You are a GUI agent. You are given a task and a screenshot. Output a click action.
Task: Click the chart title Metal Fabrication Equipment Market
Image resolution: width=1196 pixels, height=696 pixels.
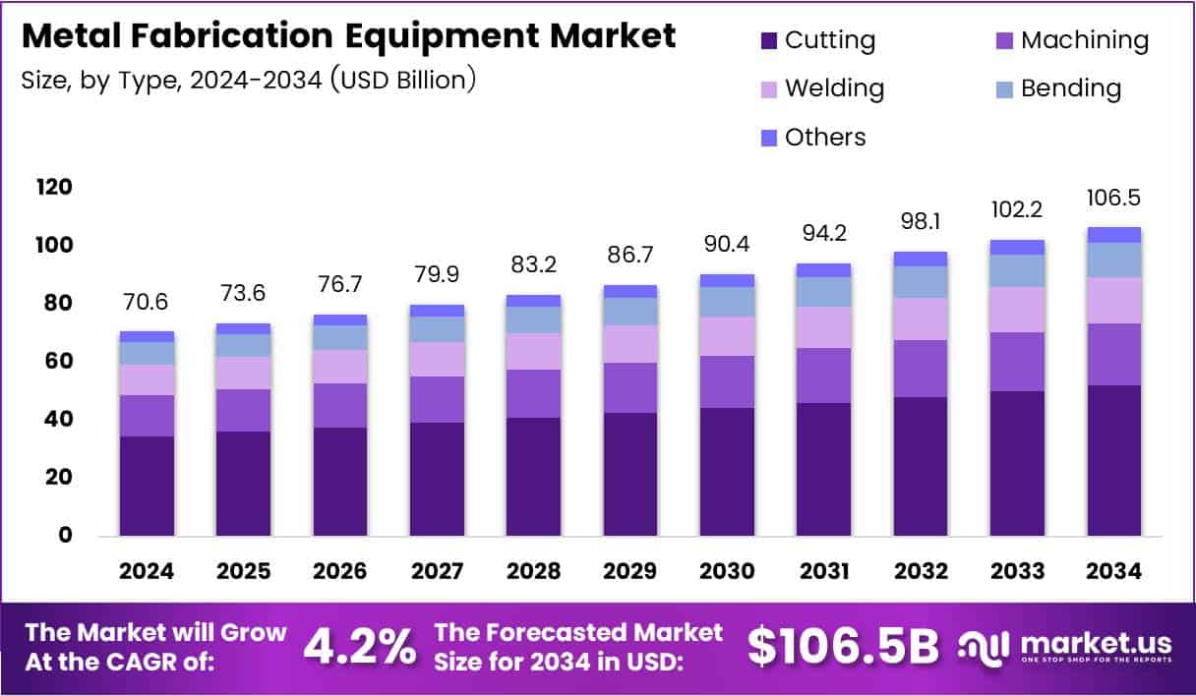(348, 36)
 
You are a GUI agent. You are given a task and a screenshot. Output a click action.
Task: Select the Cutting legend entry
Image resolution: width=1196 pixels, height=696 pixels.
(817, 40)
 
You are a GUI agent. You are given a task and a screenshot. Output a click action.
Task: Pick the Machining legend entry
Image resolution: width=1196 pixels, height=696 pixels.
(1071, 40)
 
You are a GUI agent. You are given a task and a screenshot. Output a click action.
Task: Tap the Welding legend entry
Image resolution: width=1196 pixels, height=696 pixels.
(822, 88)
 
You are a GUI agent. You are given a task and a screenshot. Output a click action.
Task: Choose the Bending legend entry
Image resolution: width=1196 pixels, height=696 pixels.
(1057, 88)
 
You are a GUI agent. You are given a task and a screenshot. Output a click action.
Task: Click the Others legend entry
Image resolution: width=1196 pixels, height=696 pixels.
(812, 137)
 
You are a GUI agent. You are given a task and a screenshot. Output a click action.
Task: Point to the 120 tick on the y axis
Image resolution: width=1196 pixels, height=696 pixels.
(55, 187)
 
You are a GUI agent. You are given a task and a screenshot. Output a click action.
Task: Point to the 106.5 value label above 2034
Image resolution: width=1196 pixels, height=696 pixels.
(1113, 199)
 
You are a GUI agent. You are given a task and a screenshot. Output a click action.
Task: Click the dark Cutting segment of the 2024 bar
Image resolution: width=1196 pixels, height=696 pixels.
(147, 486)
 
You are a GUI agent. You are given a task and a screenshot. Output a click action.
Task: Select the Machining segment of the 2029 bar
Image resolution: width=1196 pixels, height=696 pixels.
(630, 387)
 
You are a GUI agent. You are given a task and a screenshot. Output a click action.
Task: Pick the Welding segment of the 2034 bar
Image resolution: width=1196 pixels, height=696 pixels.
(1113, 300)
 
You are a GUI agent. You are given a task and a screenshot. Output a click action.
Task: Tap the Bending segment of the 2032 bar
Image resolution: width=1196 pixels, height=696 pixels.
(920, 282)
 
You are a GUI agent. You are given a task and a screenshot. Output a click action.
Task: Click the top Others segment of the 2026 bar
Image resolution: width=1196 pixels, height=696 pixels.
(340, 319)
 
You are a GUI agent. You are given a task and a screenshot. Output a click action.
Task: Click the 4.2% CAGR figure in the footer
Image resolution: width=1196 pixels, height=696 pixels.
(358, 646)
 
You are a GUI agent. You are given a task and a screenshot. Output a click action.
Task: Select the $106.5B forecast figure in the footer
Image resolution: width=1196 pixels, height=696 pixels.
(843, 646)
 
